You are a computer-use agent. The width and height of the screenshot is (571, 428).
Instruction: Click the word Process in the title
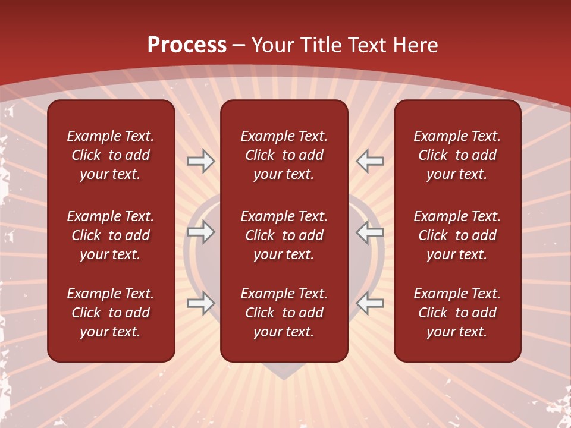click(187, 45)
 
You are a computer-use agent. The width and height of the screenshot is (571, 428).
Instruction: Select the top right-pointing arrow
click(201, 161)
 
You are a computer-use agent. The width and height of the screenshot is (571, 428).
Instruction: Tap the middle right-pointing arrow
click(201, 232)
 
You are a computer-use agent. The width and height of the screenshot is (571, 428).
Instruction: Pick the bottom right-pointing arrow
click(201, 303)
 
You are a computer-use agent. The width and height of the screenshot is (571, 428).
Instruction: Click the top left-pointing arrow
click(370, 161)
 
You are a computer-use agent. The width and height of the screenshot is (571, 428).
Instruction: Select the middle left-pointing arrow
click(370, 232)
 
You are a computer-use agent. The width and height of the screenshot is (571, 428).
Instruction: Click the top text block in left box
click(111, 155)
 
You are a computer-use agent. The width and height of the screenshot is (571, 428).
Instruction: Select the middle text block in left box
click(111, 235)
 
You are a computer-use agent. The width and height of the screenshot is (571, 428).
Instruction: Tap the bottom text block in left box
click(111, 313)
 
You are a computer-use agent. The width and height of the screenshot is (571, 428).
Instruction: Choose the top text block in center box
click(284, 155)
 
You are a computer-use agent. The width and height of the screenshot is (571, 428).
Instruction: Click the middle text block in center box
click(284, 235)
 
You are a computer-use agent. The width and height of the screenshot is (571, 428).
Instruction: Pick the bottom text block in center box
click(284, 313)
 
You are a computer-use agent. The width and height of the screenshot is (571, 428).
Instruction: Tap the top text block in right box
click(457, 155)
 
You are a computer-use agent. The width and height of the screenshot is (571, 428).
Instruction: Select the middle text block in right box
click(457, 235)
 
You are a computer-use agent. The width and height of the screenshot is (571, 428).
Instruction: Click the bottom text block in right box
click(457, 313)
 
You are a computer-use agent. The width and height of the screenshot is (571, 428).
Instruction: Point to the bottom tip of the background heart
click(284, 379)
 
